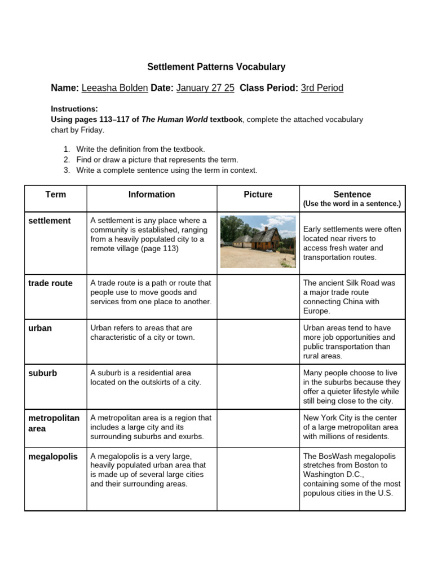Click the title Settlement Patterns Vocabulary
tap(216, 67)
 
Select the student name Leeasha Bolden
tap(115, 88)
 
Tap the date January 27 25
tap(205, 88)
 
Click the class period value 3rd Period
tap(322, 88)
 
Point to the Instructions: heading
tap(74, 109)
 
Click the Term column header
tap(55, 195)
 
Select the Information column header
tap(152, 195)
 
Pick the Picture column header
tap(258, 195)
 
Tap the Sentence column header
tap(352, 195)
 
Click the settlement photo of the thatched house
tap(258, 242)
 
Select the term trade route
tap(50, 283)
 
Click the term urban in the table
tap(40, 329)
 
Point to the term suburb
tap(42, 374)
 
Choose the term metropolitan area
tap(54, 423)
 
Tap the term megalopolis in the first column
tap(53, 457)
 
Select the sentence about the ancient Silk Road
tap(350, 297)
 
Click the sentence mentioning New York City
tap(351, 427)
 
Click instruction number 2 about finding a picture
tap(157, 160)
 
